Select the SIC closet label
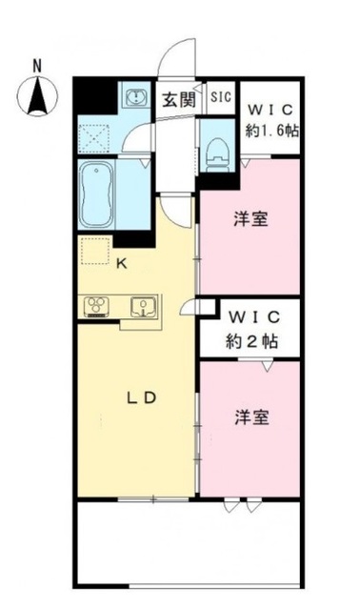221,96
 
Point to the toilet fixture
218,149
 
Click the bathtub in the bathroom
97,190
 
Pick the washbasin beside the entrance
135,96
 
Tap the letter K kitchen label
121,265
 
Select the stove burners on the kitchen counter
97,306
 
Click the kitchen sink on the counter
141,306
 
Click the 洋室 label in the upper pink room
250,219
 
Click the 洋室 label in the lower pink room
250,417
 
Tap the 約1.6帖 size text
270,131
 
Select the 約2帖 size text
250,339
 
